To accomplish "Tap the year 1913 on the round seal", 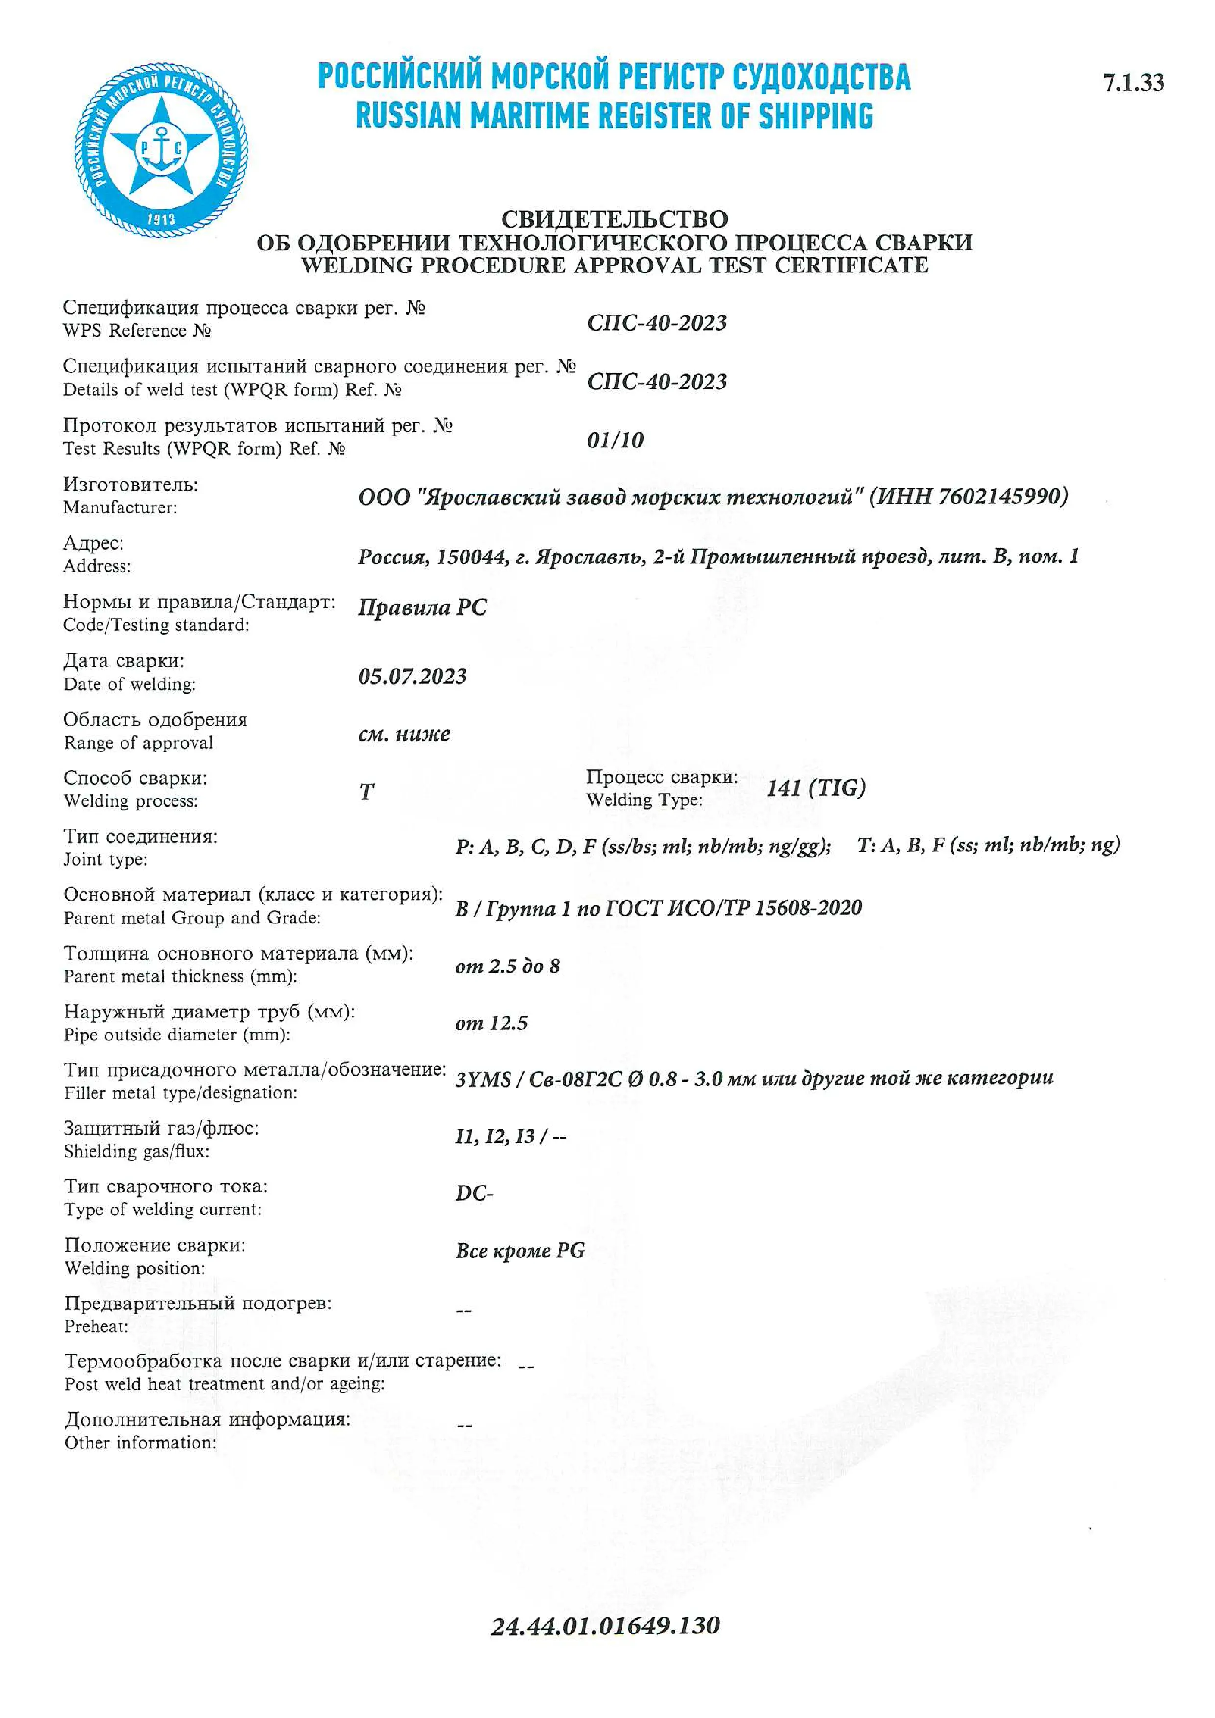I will (161, 219).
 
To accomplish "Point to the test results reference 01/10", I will (615, 440).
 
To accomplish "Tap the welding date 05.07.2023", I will (412, 677).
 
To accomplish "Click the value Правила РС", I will (422, 607).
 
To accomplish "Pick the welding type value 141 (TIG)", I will (816, 787).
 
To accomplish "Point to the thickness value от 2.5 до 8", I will (507, 966).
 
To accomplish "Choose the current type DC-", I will (474, 1193).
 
